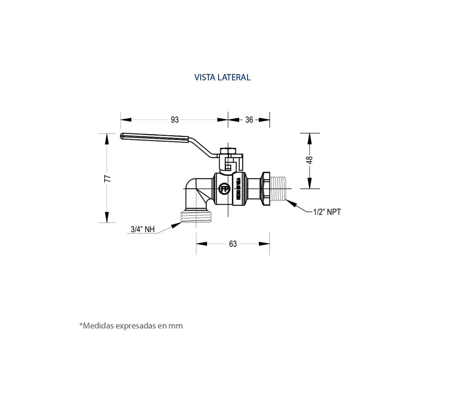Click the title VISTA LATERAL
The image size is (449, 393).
coord(222,77)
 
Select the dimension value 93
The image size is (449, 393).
coord(175,120)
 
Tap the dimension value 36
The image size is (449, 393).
coord(249,120)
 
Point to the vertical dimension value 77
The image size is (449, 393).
coord(108,178)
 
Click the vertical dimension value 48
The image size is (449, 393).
coord(310,160)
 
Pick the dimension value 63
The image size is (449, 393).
coord(233,244)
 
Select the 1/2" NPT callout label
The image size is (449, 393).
coord(327,212)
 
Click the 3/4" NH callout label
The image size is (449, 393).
coord(142,229)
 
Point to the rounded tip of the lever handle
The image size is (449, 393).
coord(123,136)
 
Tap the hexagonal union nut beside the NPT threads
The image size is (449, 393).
coord(266,189)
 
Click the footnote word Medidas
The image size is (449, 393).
coord(98,326)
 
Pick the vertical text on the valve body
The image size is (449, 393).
coord(238,189)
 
